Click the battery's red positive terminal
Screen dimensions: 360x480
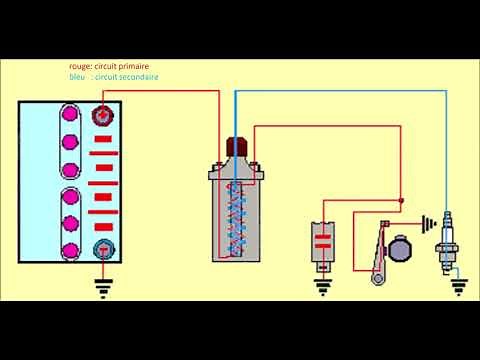102,118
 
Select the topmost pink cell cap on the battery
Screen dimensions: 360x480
71,115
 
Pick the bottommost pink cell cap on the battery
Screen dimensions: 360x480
71,250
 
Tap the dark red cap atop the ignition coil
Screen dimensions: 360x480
239,146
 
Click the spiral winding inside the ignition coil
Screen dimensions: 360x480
240,215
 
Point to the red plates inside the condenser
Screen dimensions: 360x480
322,240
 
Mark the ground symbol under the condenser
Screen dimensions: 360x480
322,289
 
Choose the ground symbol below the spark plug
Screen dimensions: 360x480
458,291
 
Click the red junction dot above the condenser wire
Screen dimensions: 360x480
402,201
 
